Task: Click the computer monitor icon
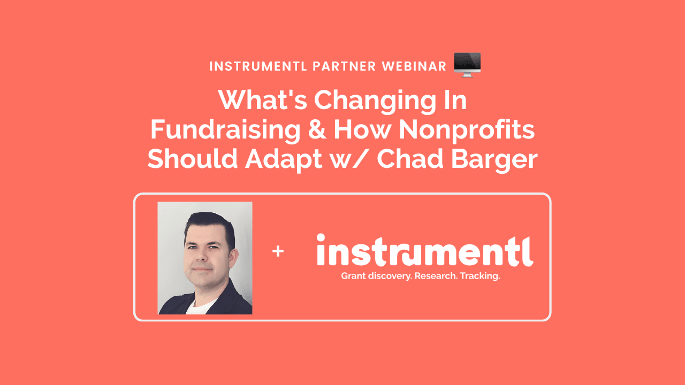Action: click(467, 65)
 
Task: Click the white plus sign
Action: click(278, 251)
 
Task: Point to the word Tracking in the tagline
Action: click(479, 277)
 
